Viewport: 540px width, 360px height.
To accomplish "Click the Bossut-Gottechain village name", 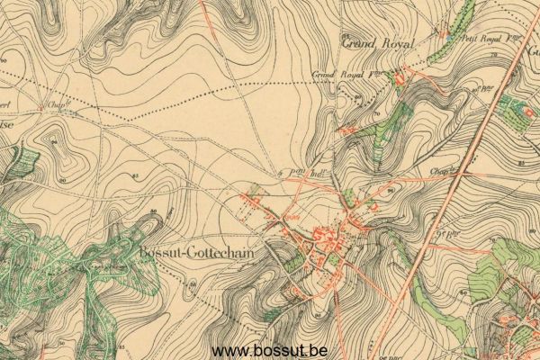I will (x=196, y=253).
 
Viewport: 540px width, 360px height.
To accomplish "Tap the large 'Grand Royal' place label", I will (x=379, y=41).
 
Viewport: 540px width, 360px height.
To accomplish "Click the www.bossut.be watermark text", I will (x=269, y=350).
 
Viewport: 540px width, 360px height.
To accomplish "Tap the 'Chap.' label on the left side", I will (x=59, y=104).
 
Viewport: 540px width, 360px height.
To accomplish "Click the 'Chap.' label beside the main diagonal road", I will (x=440, y=168).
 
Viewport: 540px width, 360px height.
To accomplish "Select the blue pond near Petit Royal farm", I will (x=451, y=38).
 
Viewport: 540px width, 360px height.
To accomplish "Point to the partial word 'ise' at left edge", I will (x=4, y=126).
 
